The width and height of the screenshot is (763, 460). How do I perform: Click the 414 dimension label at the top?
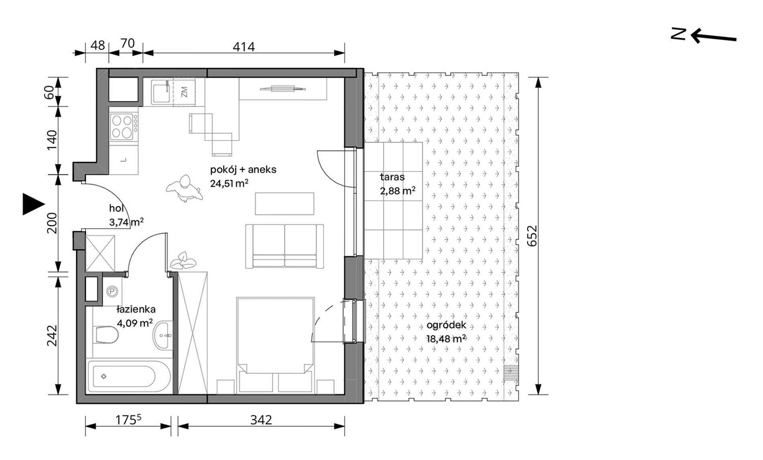point(244,47)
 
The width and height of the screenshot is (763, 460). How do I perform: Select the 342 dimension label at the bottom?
point(261,420)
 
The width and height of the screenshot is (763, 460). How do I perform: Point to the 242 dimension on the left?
point(53,335)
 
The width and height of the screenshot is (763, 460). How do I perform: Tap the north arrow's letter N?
point(678,35)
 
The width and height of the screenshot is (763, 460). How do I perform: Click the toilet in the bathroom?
point(105,334)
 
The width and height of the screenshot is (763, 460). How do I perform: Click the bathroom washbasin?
point(163,335)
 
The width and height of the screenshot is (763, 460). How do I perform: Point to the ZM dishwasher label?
point(184,92)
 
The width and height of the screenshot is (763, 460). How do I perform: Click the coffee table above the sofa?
point(285,204)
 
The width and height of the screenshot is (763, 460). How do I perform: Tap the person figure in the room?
point(184,188)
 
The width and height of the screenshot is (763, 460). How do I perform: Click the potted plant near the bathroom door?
point(183,261)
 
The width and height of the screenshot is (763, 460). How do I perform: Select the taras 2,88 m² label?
point(398,184)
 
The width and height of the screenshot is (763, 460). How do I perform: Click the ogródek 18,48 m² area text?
point(446,332)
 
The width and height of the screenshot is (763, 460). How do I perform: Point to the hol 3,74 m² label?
point(126,215)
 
